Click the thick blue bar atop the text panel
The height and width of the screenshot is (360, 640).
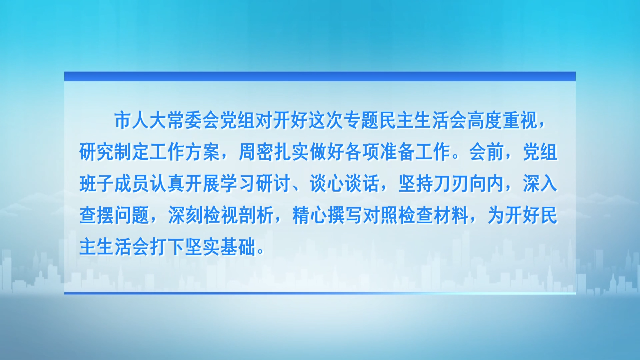pyautogui.click(x=320, y=76)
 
